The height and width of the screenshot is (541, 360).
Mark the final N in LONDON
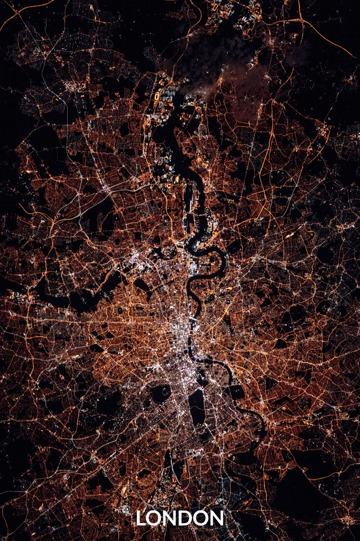point(217,518)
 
